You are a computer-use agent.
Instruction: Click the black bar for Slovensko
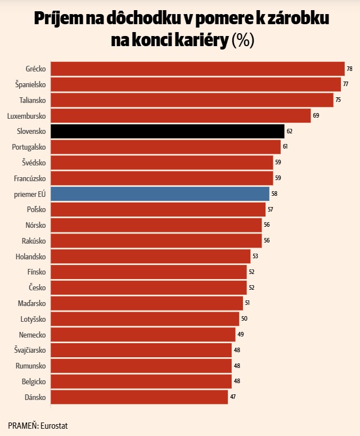point(168,131)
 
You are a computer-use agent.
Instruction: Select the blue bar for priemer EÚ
point(160,194)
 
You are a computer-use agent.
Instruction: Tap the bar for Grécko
point(197,69)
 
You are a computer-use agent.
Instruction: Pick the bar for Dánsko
point(139,397)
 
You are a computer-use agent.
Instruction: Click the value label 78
point(349,69)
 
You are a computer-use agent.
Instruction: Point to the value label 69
point(316,115)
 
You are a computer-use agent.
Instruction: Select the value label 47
point(233,397)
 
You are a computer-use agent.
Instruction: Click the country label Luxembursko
point(26,116)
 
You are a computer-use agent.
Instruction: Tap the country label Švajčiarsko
point(30,350)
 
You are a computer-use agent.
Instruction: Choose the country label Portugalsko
point(29,147)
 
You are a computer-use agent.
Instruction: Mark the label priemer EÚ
point(30,194)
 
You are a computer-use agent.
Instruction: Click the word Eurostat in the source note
point(54,426)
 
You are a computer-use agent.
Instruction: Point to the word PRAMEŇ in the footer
point(23,425)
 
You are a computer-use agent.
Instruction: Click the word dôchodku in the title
point(142,19)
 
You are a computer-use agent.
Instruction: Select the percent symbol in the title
point(242,41)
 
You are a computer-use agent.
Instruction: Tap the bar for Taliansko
point(192,100)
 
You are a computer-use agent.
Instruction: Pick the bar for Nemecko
point(143,335)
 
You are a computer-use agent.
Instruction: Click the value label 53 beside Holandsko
point(255,256)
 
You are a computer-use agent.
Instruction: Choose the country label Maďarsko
point(31,303)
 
